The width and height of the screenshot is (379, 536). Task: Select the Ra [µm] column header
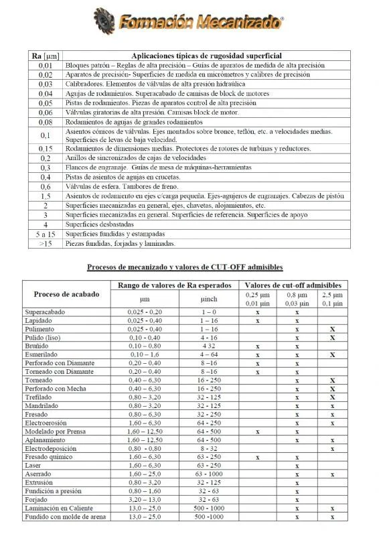[x=46, y=56]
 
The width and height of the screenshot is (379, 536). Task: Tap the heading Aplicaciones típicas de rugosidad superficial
[x=206, y=56]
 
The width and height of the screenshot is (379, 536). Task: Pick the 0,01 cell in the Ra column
[x=46, y=66]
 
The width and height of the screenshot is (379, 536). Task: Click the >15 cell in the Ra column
[x=46, y=244]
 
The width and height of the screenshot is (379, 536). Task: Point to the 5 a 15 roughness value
[x=46, y=234]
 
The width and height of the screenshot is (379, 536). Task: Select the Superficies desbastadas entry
[x=99, y=224]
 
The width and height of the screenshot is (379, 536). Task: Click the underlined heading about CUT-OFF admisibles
[x=185, y=267]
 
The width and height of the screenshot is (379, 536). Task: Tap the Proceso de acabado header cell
[x=66, y=294]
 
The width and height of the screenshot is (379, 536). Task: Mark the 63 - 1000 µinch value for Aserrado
[x=209, y=474]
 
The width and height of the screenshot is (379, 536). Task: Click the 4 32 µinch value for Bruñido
[x=209, y=346]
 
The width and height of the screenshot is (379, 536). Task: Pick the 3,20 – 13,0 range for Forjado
[x=145, y=499]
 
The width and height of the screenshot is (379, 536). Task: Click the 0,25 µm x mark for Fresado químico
[x=257, y=457]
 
